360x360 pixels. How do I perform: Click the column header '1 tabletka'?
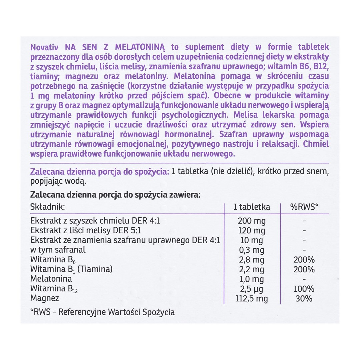(x=252, y=207)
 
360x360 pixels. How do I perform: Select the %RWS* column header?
(x=304, y=207)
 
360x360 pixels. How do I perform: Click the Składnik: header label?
(x=47, y=207)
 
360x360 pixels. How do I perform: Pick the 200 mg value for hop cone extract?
(x=252, y=221)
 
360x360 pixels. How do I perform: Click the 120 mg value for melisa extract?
(x=252, y=231)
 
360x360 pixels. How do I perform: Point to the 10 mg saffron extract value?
(x=252, y=240)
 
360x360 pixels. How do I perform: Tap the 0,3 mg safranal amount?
(x=252, y=250)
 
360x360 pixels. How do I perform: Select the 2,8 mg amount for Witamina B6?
(x=252, y=260)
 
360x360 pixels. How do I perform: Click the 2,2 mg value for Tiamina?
(x=252, y=269)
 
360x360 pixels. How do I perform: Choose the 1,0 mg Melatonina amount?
(x=252, y=279)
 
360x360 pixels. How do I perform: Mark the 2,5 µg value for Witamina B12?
(x=252, y=289)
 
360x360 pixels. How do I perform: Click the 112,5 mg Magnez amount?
(x=252, y=298)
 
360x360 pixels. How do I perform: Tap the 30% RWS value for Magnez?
(x=304, y=298)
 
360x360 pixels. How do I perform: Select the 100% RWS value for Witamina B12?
(x=304, y=289)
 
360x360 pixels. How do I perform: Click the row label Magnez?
(x=45, y=298)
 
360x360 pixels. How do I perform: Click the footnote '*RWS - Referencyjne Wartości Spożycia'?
(x=102, y=312)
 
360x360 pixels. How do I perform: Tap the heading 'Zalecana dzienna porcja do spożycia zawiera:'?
(x=115, y=194)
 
